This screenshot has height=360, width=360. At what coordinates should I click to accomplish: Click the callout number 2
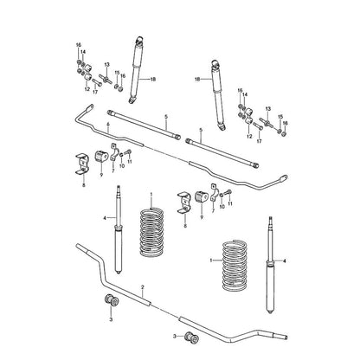coord(143,287)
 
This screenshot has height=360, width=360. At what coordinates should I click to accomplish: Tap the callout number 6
coord(108,124)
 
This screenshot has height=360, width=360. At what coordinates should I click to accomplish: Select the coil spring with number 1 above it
coord(151,233)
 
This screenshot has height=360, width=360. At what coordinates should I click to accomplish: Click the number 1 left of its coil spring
coord(211,260)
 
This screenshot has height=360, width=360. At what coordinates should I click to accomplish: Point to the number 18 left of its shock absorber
coord(197,79)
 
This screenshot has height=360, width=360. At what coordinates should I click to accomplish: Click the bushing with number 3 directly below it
coord(112,300)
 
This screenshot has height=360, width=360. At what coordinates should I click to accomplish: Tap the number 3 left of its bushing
coord(174,337)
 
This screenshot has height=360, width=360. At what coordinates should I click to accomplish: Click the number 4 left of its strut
coord(105,218)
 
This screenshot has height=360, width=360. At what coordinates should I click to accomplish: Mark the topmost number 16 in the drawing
coord(79,45)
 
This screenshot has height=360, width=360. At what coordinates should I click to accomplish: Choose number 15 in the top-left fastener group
coord(117,73)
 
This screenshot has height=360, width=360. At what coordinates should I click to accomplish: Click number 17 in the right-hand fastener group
coord(259,141)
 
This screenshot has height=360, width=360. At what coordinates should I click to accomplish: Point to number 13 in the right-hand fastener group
coord(268,109)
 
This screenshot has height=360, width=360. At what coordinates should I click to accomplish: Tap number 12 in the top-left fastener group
coord(87,89)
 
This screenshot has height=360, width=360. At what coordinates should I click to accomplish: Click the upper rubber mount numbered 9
coord(101,156)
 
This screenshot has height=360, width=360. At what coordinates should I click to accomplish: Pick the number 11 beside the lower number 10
coord(230,203)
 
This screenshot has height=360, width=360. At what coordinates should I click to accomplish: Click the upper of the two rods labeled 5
coord(144,125)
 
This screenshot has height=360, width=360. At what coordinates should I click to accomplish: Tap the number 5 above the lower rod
coord(201,130)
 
